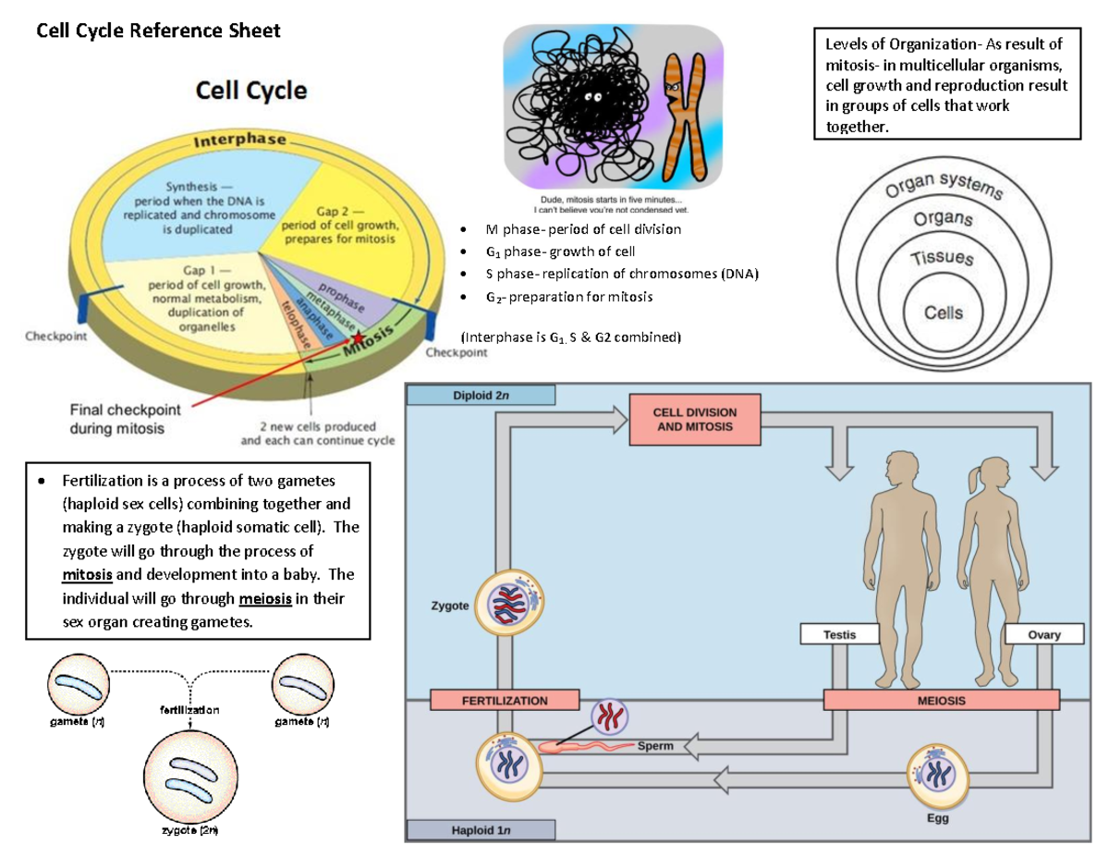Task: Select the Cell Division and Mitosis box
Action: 694,419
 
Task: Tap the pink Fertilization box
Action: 505,701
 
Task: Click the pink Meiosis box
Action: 941,701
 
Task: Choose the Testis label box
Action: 840,635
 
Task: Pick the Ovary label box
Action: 1044,635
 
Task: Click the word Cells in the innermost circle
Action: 944,312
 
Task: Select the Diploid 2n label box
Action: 481,396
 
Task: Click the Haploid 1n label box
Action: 481,830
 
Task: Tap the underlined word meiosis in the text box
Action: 265,599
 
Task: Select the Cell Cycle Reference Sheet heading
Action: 157,31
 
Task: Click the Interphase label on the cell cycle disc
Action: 242,141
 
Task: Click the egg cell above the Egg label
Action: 937,775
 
